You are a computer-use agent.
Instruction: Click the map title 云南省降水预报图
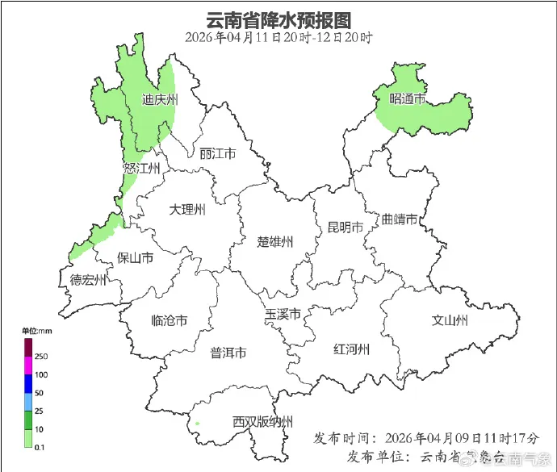[279, 19]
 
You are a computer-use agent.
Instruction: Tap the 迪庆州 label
[160, 100]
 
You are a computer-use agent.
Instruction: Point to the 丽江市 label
[217, 153]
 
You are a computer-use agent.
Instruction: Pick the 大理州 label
[187, 210]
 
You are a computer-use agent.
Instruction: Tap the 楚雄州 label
[275, 241]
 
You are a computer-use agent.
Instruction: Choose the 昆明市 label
[345, 227]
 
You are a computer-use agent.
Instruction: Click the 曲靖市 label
[400, 219]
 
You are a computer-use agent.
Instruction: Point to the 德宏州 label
[88, 280]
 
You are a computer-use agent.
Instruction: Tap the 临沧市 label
[170, 320]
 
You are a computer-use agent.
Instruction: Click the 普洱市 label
[228, 353]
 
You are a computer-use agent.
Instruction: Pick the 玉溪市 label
[283, 314]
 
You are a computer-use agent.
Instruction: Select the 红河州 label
[351, 349]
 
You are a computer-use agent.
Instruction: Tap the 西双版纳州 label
[263, 421]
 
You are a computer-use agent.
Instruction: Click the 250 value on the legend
[41, 356]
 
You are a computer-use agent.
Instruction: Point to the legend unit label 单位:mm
[36, 332]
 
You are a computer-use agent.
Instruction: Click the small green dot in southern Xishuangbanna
[197, 423]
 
